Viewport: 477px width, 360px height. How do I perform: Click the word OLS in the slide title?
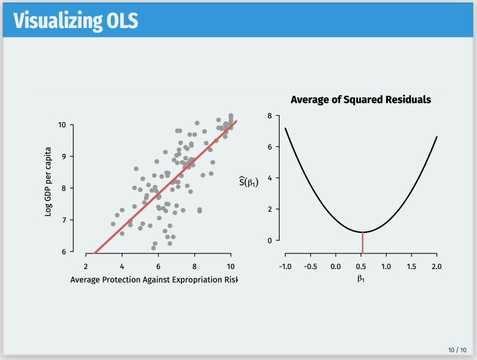click(120, 21)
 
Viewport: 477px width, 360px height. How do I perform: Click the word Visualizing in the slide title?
click(56, 21)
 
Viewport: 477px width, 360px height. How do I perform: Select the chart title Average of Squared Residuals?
click(361, 100)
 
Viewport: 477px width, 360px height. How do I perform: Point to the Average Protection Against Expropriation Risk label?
click(154, 280)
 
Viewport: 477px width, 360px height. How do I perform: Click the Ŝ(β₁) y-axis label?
click(248, 181)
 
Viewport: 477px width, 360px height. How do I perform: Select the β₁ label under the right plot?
click(361, 278)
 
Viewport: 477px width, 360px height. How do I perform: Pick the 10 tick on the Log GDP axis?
click(62, 125)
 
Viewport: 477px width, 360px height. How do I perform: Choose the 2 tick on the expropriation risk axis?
click(86, 265)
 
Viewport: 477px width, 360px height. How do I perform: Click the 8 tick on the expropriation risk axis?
click(195, 265)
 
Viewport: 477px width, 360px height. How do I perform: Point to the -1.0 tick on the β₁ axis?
click(285, 267)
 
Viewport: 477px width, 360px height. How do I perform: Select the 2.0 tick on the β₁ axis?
click(437, 267)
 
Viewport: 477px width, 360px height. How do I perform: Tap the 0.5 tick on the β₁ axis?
click(361, 267)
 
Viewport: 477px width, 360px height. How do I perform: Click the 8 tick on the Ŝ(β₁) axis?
click(268, 116)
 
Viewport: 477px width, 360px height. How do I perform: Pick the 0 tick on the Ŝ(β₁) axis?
click(268, 240)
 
